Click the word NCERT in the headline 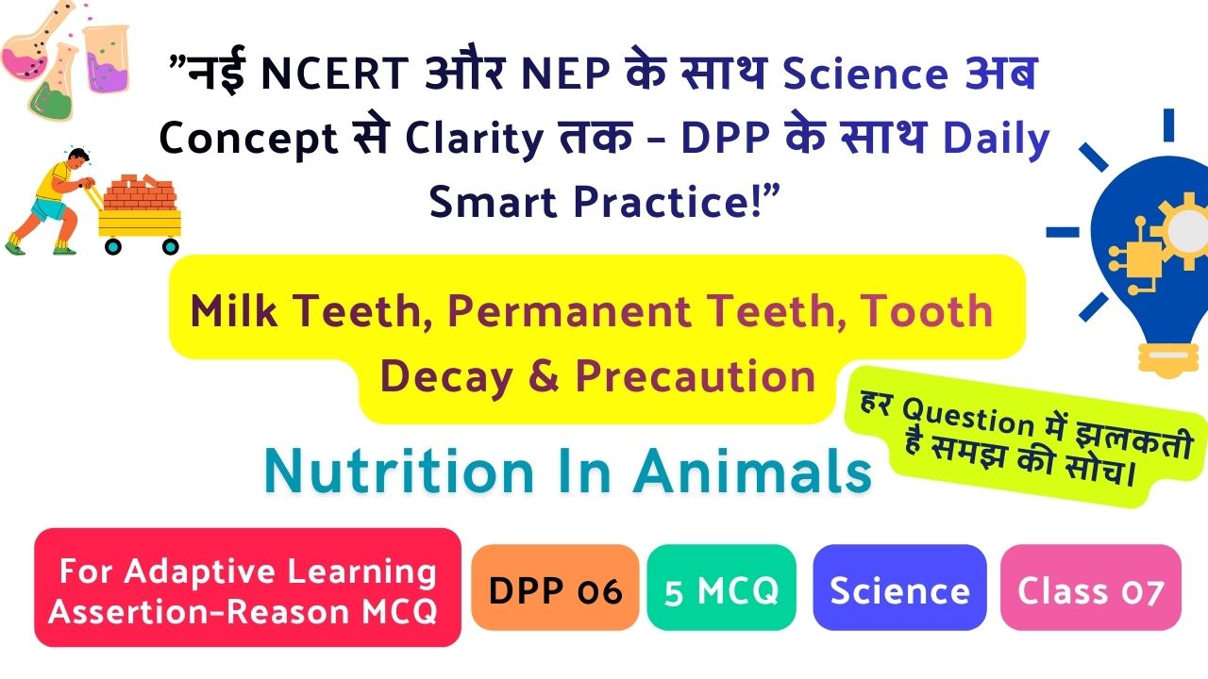(x=334, y=74)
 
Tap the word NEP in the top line (x=565, y=74)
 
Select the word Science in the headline (x=865, y=74)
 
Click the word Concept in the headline (x=248, y=139)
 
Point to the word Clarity (x=474, y=139)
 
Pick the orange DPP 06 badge (x=555, y=588)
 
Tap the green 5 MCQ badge (x=722, y=588)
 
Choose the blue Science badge (x=899, y=588)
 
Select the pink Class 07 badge (x=1090, y=588)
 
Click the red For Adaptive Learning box (x=247, y=588)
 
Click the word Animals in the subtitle (x=752, y=471)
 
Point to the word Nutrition (x=398, y=471)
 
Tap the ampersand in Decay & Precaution (x=544, y=375)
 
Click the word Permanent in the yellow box (x=569, y=311)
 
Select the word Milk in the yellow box (x=234, y=311)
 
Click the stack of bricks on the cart (x=140, y=191)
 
